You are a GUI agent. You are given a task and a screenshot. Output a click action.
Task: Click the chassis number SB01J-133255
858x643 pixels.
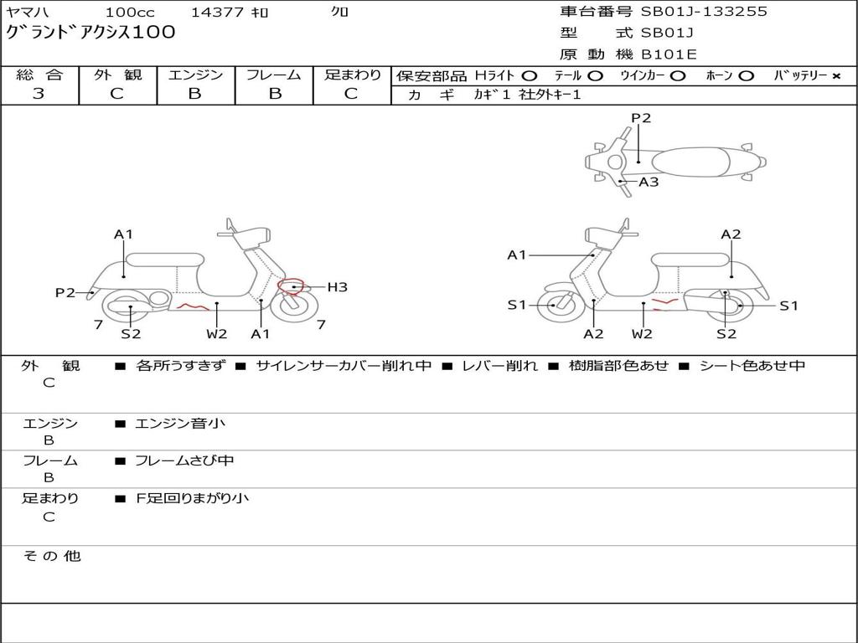tap(704, 12)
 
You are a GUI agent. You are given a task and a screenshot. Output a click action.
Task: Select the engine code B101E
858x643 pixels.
tap(668, 54)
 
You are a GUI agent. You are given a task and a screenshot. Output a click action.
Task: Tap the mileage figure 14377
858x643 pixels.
tap(217, 12)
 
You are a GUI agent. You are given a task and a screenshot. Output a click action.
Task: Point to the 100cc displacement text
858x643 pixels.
tap(130, 12)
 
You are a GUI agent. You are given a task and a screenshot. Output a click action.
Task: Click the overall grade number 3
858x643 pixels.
tap(39, 94)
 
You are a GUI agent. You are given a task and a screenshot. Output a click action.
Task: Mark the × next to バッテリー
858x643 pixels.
tap(835, 76)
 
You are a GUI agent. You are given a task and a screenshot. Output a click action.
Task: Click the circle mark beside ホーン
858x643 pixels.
tap(746, 76)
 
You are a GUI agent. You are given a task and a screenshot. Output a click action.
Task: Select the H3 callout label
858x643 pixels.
tap(337, 287)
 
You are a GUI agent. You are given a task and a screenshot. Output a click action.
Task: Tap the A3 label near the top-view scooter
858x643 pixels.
tap(649, 181)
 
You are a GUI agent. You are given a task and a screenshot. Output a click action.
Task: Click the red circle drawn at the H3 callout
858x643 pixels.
tap(292, 287)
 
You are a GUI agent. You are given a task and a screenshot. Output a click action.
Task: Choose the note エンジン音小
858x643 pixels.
tap(180, 424)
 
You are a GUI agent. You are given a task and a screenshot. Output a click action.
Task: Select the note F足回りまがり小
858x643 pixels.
tap(193, 498)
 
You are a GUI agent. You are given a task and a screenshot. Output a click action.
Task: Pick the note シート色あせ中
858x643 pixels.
tap(752, 366)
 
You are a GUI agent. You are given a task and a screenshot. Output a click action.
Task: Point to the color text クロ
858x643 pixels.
tap(339, 12)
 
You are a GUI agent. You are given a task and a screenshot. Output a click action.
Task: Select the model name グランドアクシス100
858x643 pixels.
tap(90, 33)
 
